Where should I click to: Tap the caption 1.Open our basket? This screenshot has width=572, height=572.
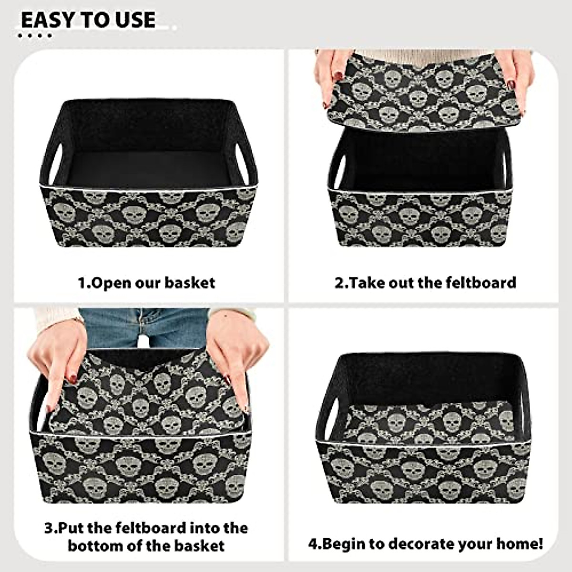coord(146,283)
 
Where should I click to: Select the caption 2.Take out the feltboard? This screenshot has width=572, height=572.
coord(425,282)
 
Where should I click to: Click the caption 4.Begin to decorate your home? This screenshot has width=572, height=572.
coord(425,543)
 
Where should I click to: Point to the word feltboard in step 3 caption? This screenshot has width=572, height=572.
coord(153,528)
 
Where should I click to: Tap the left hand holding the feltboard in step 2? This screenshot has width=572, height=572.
coord(334,71)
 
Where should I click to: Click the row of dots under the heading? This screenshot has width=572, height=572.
coord(35,35)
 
